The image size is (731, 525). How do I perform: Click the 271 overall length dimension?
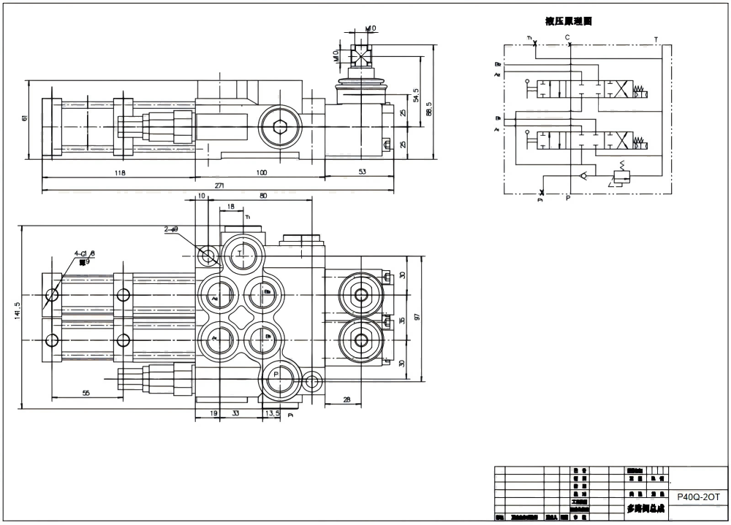[x=219, y=186]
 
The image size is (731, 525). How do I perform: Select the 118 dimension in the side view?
[x=120, y=173]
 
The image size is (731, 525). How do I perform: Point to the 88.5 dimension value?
[x=429, y=107]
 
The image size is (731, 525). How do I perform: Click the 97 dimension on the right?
[x=417, y=316]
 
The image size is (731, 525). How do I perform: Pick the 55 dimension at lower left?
[x=86, y=393]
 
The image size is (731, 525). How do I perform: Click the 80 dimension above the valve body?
[x=263, y=196]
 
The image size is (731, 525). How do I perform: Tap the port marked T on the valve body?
[x=241, y=253]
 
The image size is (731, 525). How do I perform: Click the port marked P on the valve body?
[x=276, y=374]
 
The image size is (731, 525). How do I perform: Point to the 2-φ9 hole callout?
[x=172, y=229]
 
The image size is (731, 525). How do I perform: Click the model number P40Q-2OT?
[x=698, y=496]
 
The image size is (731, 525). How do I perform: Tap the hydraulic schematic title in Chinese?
[x=568, y=21]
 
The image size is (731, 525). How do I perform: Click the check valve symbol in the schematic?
[x=581, y=175]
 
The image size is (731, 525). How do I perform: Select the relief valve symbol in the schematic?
[x=621, y=176]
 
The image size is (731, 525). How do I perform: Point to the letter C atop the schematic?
[x=567, y=37]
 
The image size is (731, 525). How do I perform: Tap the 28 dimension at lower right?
[x=346, y=399]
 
